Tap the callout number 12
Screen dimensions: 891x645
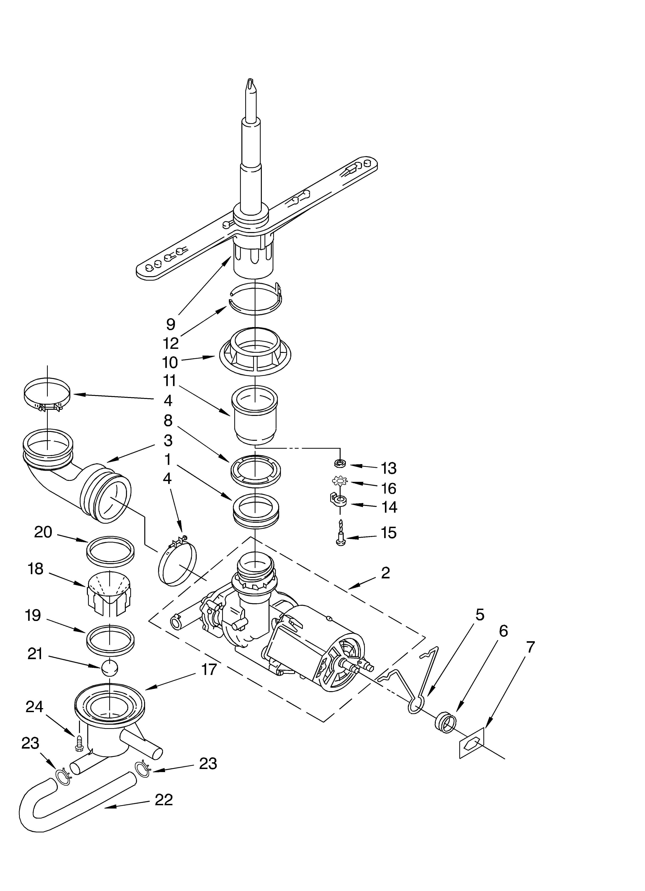(x=170, y=344)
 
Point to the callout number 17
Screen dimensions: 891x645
(x=209, y=669)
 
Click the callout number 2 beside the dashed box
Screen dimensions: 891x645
(x=385, y=573)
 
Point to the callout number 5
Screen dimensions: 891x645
(x=480, y=615)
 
